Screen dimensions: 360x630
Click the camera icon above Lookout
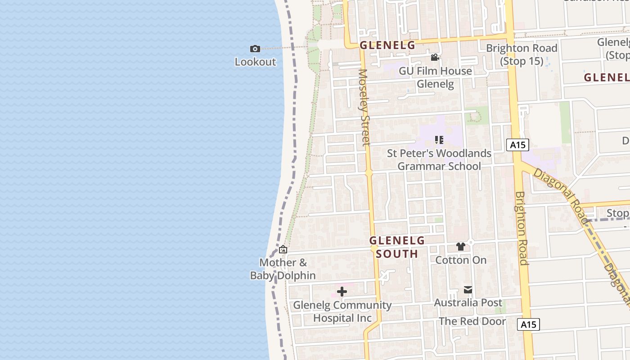point(255,49)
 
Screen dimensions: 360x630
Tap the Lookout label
point(255,62)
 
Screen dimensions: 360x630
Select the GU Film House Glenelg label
point(435,77)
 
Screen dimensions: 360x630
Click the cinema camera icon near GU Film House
point(435,58)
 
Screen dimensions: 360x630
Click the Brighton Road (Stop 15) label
point(522,54)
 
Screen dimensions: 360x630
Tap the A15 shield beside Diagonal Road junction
point(517,145)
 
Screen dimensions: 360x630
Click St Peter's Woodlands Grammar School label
point(439,160)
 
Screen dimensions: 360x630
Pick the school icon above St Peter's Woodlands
point(439,140)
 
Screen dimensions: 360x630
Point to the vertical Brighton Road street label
point(522,228)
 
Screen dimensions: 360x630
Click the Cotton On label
point(461,260)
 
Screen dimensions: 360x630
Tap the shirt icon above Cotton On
point(460,247)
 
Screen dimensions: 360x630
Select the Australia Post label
point(468,303)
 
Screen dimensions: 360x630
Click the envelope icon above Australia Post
point(468,290)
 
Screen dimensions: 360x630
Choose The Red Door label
point(472,321)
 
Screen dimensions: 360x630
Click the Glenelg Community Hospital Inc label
point(342,311)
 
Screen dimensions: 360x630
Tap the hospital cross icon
point(342,292)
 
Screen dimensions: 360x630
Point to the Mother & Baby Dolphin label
point(283,269)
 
